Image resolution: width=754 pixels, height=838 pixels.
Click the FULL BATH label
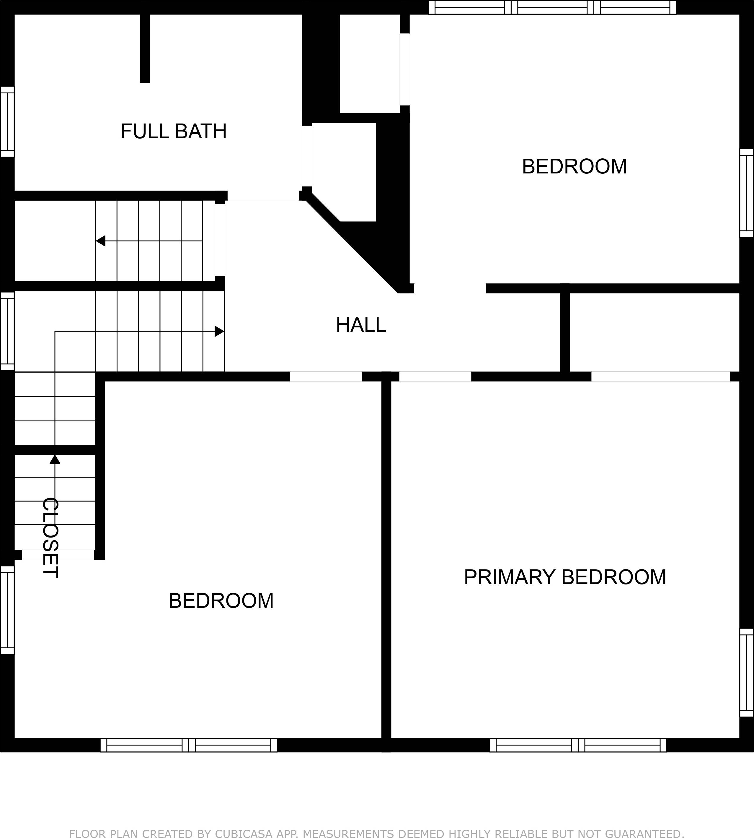[174, 131]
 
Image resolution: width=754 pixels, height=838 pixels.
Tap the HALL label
[361, 325]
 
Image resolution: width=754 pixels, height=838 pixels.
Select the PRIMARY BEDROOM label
[565, 577]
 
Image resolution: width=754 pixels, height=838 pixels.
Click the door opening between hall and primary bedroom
[435, 376]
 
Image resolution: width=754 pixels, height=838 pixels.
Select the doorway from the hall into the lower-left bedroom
[326, 376]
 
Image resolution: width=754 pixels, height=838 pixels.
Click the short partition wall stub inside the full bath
[145, 48]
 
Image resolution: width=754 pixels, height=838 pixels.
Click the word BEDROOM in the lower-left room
[221, 601]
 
